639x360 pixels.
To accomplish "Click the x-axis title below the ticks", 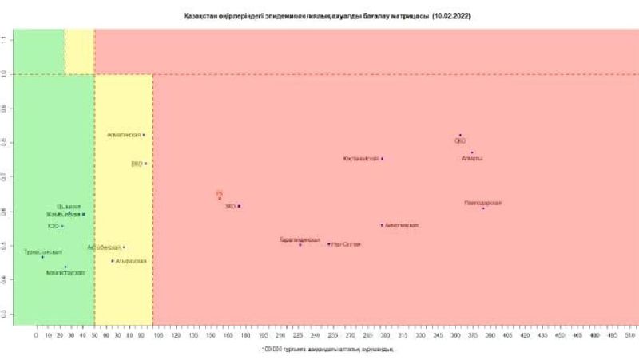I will [x=327, y=350].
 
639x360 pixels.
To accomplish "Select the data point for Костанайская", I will [x=382, y=159].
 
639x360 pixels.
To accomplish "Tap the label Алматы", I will [x=472, y=159].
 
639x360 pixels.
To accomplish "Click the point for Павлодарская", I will [x=483, y=208].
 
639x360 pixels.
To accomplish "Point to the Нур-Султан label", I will [x=346, y=244].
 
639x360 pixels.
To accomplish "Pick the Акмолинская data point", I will [x=382, y=225].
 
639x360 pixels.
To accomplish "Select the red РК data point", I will [x=220, y=198].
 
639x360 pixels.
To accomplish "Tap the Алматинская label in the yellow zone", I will [x=124, y=135].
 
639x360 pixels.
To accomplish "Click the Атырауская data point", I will [x=113, y=261].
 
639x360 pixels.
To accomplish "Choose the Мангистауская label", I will [x=65, y=273].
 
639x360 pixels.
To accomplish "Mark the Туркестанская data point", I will [x=42, y=257].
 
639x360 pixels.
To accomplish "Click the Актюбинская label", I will [x=104, y=247].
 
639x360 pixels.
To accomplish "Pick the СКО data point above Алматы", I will [x=460, y=136].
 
